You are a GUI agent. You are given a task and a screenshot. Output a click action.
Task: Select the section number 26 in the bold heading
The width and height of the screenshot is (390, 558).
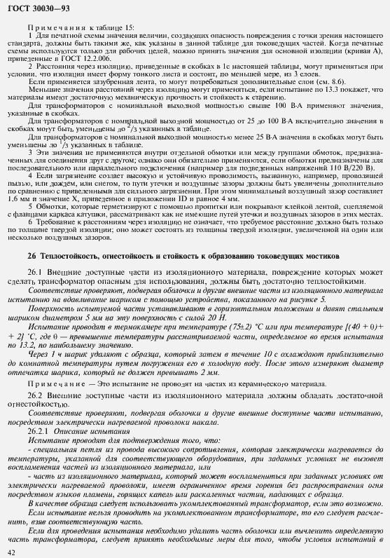[x=32, y=257]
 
